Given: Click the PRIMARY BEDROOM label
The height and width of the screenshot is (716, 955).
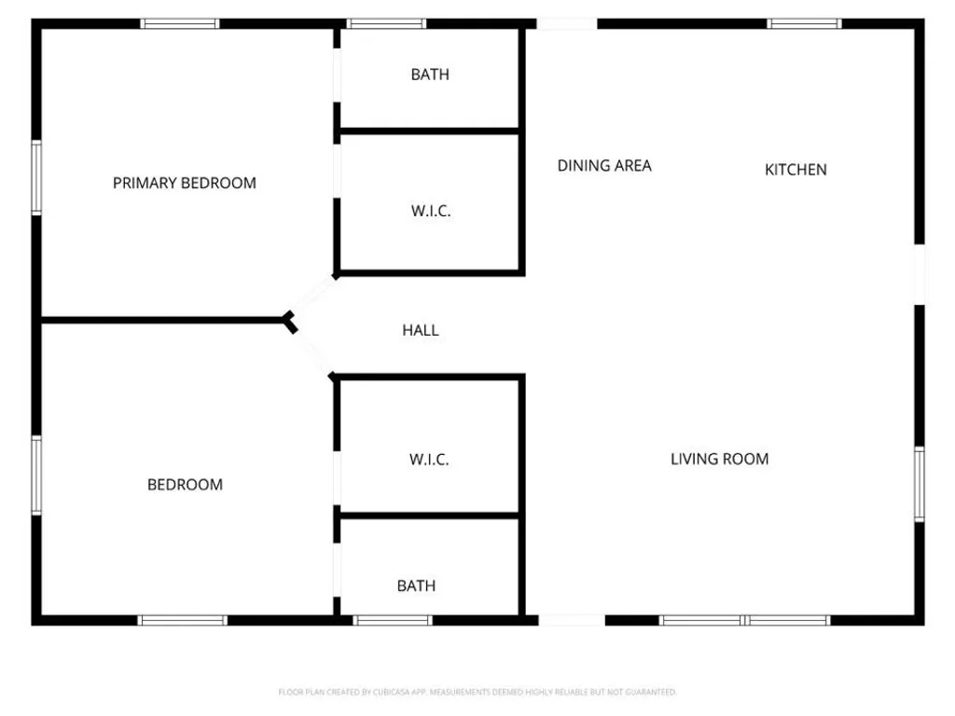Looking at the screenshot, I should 184,183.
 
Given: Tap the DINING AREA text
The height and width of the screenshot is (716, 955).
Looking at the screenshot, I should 604,165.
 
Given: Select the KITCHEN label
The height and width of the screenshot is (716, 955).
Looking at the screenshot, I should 796,169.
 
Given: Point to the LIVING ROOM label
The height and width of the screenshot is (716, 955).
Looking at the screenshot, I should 719,459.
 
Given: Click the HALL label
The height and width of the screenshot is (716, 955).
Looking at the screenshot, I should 420,330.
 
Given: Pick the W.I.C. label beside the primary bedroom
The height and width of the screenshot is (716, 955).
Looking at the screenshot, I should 431,211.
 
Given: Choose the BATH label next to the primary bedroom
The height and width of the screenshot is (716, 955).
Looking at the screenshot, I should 429,75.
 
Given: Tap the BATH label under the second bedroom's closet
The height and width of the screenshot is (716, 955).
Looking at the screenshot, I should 416,585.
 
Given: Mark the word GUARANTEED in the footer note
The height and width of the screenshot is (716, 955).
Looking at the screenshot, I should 652,692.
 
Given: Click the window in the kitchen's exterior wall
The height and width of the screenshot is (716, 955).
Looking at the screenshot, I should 804,23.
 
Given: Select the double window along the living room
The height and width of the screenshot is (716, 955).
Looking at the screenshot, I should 744,620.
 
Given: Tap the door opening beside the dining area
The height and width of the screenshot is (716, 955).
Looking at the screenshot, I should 566,23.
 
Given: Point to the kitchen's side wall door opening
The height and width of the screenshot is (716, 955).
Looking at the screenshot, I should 920,274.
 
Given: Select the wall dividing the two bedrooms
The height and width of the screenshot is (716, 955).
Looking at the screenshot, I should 163,321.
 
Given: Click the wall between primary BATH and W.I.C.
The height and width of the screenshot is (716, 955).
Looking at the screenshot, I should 429,131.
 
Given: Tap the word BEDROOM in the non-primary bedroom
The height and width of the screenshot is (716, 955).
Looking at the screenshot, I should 185,484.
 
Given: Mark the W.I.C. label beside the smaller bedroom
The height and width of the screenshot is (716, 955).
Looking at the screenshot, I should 429,460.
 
